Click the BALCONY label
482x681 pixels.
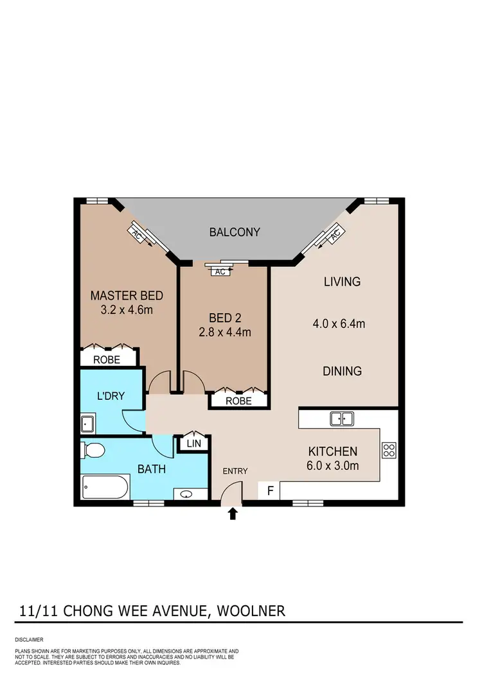click(x=235, y=232)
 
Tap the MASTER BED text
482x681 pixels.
click(x=127, y=296)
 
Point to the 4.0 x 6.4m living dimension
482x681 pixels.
click(x=342, y=324)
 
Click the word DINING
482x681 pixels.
click(x=342, y=371)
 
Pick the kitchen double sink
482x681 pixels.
click(x=341, y=419)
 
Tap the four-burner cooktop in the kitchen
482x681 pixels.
click(x=389, y=450)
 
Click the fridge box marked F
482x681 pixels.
click(x=270, y=491)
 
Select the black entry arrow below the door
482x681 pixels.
click(x=233, y=513)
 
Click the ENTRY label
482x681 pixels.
click(x=235, y=472)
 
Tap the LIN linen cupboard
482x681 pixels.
click(x=192, y=443)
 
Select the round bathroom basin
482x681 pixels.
click(x=186, y=494)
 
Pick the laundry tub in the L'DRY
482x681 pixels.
click(x=88, y=424)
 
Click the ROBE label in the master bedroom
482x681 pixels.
click(x=107, y=360)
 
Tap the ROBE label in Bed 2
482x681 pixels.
click(x=239, y=401)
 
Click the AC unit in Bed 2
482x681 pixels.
click(x=220, y=272)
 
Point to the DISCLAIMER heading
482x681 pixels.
click(x=29, y=640)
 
